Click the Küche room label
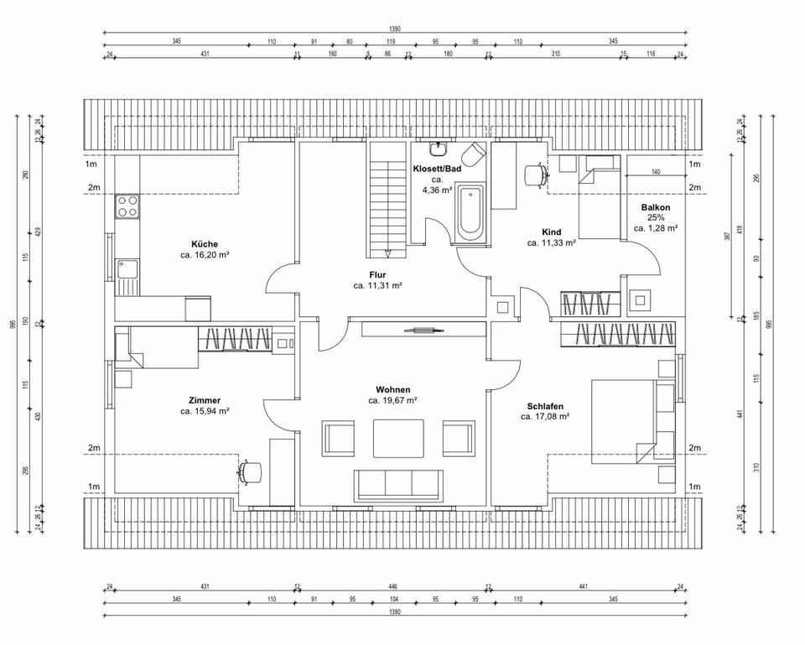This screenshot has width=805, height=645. (205, 244)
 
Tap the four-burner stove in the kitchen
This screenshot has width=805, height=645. (127, 206)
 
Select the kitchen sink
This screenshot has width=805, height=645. (128, 271)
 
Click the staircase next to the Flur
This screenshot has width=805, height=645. (387, 201)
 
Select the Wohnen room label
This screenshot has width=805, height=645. (392, 390)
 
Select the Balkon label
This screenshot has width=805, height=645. (656, 206)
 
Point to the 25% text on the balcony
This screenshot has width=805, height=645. (656, 217)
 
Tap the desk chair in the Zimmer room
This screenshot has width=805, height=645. (249, 471)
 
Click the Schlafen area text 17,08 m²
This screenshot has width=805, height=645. (545, 416)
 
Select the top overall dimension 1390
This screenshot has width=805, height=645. (395, 29)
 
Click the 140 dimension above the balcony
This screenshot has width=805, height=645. (656, 171)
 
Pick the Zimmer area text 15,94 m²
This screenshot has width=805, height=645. (205, 412)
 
